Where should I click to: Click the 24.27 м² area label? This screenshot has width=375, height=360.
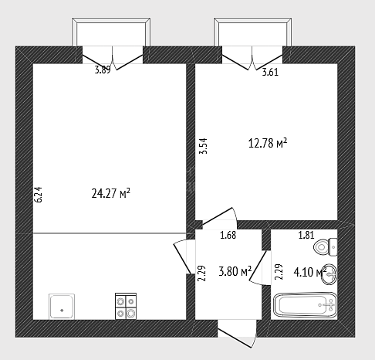111,193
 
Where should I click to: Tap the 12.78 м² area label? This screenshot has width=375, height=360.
268,143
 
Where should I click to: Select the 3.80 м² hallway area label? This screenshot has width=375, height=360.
235,271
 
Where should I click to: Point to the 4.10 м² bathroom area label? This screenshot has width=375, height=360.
310,272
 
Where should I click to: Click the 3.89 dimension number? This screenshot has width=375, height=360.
103,70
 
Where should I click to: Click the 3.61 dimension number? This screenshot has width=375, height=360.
270,72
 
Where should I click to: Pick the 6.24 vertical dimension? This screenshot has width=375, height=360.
38,195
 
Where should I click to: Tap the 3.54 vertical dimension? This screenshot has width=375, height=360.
203,146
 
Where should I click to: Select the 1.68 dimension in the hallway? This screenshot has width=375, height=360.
228,235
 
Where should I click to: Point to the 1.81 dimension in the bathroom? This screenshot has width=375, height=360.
306,235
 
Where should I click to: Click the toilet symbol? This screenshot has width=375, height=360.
326,247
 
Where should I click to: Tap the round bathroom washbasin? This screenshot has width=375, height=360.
329,274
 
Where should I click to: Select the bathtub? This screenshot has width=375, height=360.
306,305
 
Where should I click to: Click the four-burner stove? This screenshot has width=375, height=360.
126,306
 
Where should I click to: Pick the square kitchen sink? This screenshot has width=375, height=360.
62,307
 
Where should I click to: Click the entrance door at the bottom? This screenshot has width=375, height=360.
237,334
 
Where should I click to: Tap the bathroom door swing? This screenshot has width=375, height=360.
260,268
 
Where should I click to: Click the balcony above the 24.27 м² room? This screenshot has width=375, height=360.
111,32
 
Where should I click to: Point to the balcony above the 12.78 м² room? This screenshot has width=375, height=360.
253,32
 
